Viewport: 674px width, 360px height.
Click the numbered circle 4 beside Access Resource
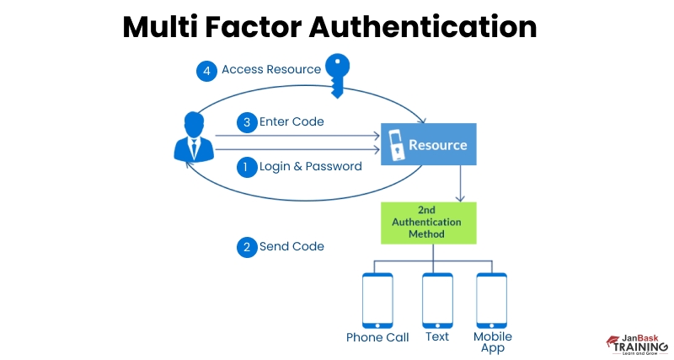[x=207, y=70]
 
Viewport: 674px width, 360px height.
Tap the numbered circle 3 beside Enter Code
[x=246, y=122]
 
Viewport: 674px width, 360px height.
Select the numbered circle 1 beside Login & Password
[x=246, y=167]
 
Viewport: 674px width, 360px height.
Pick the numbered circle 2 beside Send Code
[x=246, y=247]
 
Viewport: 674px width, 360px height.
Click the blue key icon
[x=338, y=74]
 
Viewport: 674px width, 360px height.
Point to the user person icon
[x=193, y=138]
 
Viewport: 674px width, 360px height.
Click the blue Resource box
[x=429, y=144]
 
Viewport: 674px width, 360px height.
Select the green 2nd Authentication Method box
[x=429, y=223]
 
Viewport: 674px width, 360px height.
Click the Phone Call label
[x=377, y=337]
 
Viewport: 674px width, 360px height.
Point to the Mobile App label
[x=492, y=341]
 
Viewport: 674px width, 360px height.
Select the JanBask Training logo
[x=637, y=343]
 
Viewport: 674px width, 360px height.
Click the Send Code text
[x=292, y=247]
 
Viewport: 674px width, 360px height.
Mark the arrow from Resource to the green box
[x=459, y=183]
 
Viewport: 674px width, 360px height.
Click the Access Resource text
[x=270, y=70]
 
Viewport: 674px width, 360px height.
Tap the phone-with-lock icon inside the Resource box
[x=395, y=145]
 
